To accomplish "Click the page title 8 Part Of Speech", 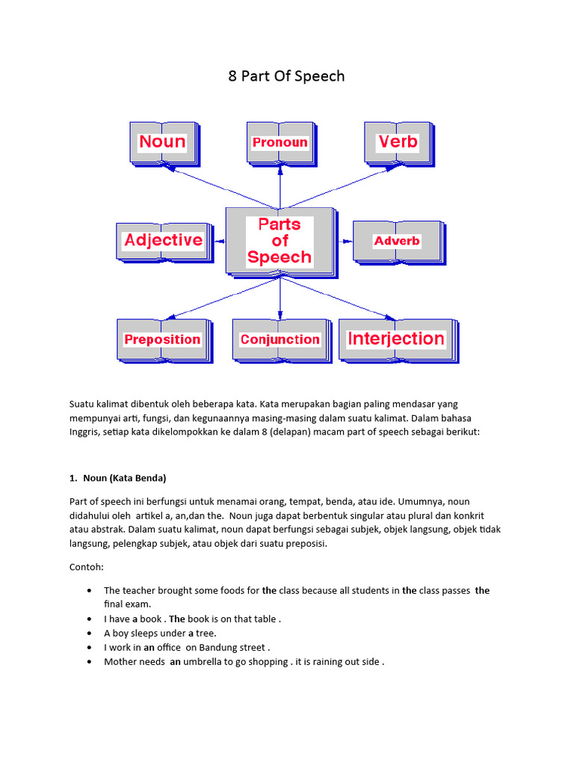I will tap(286, 76).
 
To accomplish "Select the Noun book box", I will tap(162, 142).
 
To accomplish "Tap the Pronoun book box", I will tap(280, 142).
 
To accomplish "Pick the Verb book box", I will tap(398, 142).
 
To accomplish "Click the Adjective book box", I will tap(163, 240).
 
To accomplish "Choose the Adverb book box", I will tap(397, 241).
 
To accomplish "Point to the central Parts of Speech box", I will tap(280, 240).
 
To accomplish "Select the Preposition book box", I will tap(162, 340).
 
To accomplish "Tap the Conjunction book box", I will tap(280, 340).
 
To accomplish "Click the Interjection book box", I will tap(396, 339).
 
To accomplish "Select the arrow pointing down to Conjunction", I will tap(280, 295).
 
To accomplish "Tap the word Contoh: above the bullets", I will tap(87, 568).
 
